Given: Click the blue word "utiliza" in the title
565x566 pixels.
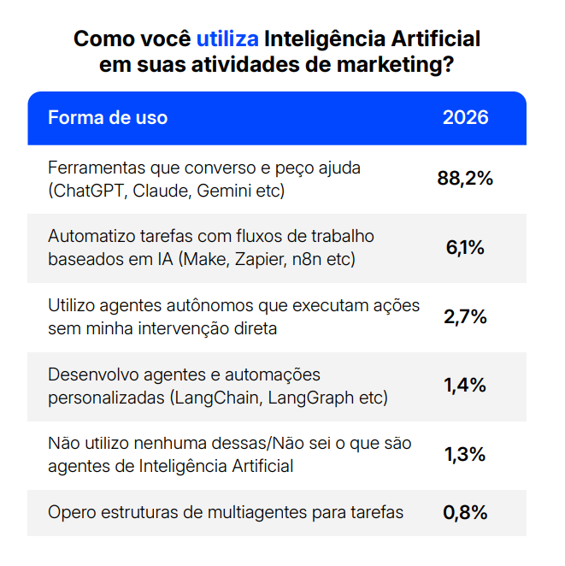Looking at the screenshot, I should pos(227,38).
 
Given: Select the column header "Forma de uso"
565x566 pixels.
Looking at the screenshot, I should pos(108,118).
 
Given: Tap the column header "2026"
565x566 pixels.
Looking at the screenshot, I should pos(465,118).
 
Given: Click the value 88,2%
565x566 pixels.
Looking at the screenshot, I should pos(465,179).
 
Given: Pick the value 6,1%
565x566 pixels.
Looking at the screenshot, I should pos(465,248).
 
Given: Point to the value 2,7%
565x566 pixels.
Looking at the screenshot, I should pos(465,316).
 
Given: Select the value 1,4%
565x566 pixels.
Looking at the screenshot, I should pos(465,386).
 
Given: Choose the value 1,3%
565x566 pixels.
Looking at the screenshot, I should pos(465,454).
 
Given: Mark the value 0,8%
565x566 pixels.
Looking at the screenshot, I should pos(465,513).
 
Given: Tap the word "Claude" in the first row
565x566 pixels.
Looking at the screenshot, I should pos(160,190).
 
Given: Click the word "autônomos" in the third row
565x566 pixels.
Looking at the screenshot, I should pos(204,305).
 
